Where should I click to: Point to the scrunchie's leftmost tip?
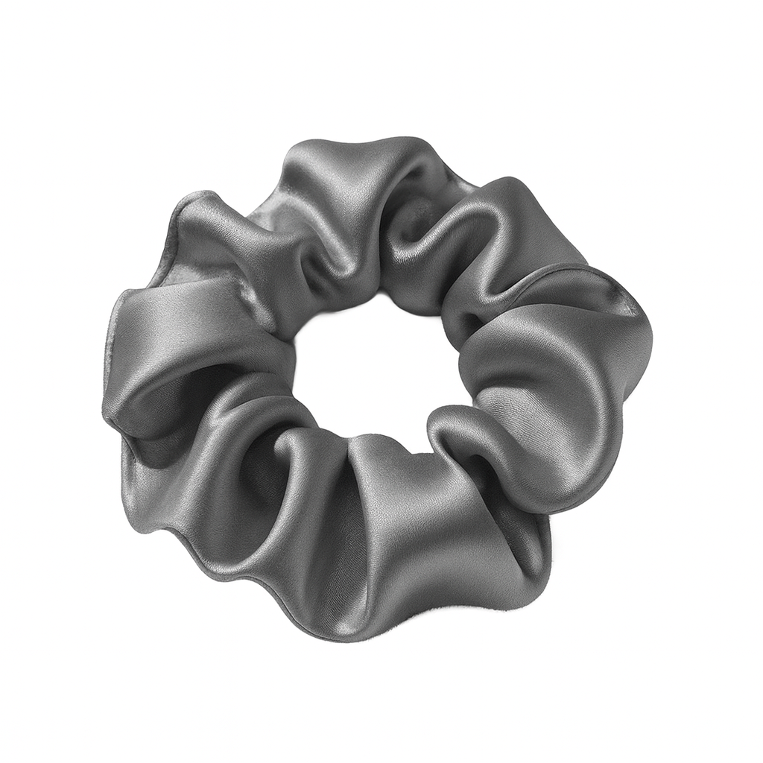pos(104,406)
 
